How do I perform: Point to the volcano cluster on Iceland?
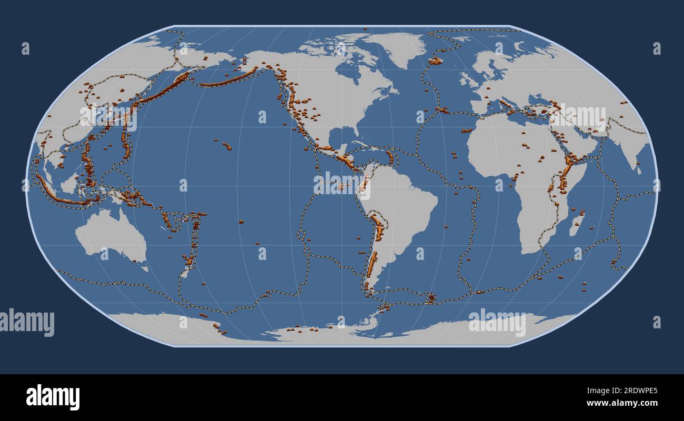(435, 61)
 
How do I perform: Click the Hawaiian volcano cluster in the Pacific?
(226, 146)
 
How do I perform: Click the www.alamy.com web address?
(622, 404)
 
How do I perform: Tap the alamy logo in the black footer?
(53, 397)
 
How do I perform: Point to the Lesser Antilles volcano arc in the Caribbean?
(390, 157)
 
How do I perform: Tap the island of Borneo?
(69, 184)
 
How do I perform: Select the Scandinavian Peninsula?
(492, 66)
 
